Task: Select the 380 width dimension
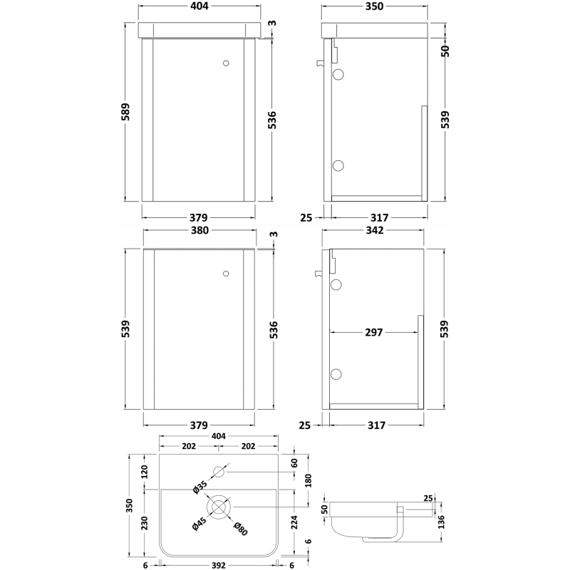(199, 230)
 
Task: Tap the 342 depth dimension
(375, 230)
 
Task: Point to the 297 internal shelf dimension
(373, 332)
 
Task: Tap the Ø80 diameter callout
(241, 529)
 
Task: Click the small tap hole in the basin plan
(219, 472)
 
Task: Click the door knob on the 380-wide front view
(227, 274)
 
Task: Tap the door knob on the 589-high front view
(227, 63)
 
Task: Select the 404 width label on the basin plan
(218, 436)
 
